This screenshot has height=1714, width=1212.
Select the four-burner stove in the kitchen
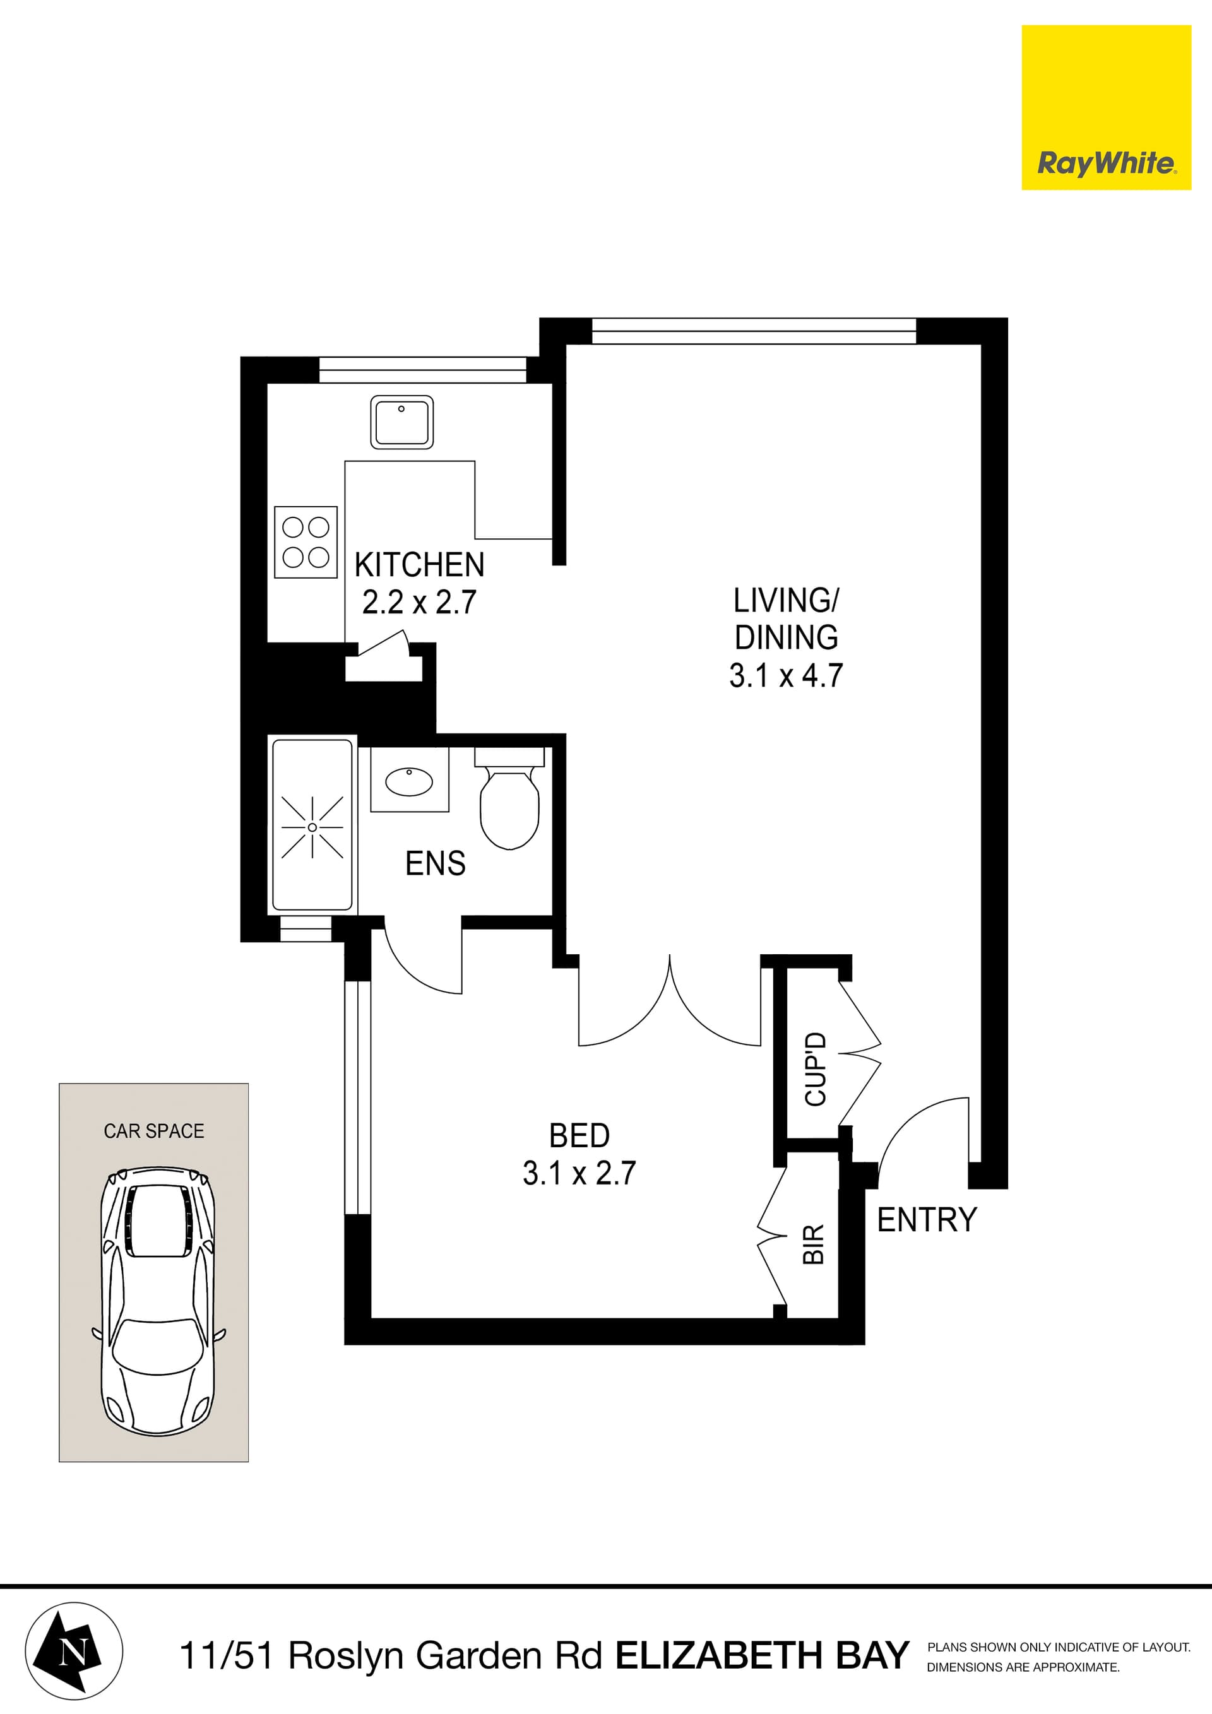click(306, 542)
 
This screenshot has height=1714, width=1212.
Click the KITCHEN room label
click(419, 565)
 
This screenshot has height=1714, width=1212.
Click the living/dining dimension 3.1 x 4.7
click(786, 676)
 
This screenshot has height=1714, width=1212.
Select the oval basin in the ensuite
click(408, 782)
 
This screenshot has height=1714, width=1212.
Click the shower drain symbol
click(312, 827)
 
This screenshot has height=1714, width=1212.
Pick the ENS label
click(436, 864)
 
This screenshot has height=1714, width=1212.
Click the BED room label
click(579, 1135)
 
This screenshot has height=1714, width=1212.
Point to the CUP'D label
click(816, 1069)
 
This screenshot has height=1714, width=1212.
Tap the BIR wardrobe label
click(813, 1244)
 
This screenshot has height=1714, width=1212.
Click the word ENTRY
click(927, 1220)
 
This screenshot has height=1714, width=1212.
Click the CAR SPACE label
click(154, 1131)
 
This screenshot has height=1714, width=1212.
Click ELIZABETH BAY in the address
click(762, 1656)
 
